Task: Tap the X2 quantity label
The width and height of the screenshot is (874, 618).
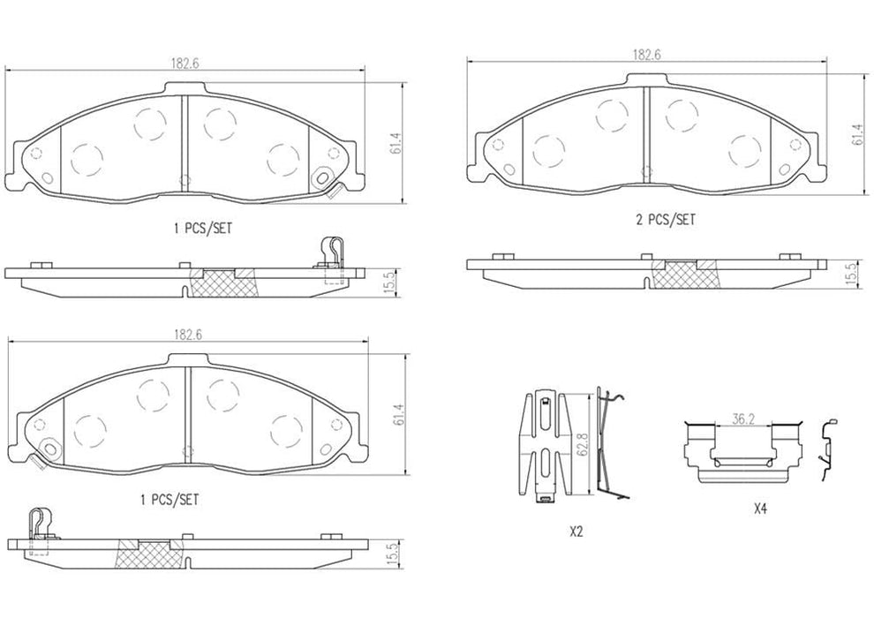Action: click(x=576, y=532)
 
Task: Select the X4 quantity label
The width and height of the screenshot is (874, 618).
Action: click(x=759, y=509)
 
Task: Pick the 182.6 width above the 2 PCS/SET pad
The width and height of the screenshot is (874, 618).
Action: click(x=646, y=55)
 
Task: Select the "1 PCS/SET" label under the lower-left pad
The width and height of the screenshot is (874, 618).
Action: click(x=170, y=500)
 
